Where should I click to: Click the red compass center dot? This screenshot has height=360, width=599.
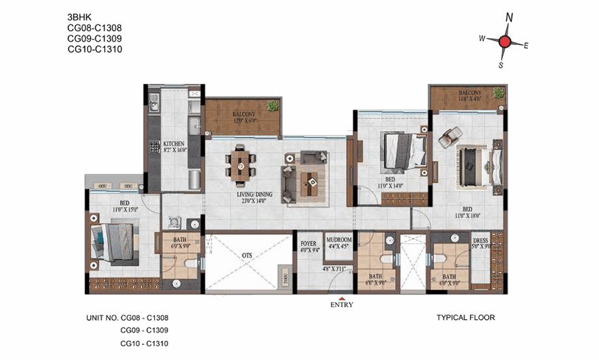(505, 42)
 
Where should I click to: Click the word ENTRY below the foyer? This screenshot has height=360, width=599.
(342, 304)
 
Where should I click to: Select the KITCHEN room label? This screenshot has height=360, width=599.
(174, 144)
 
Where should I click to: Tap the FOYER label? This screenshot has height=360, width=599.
(308, 240)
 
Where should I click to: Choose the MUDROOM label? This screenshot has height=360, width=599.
(338, 240)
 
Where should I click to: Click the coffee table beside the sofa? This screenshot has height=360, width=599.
(312, 181)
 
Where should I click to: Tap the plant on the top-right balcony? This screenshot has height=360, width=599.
(499, 92)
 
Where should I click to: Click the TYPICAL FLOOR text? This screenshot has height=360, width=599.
(465, 317)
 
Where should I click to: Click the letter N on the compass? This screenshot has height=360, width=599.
(508, 18)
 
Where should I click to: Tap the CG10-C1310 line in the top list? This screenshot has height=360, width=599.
(95, 49)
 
